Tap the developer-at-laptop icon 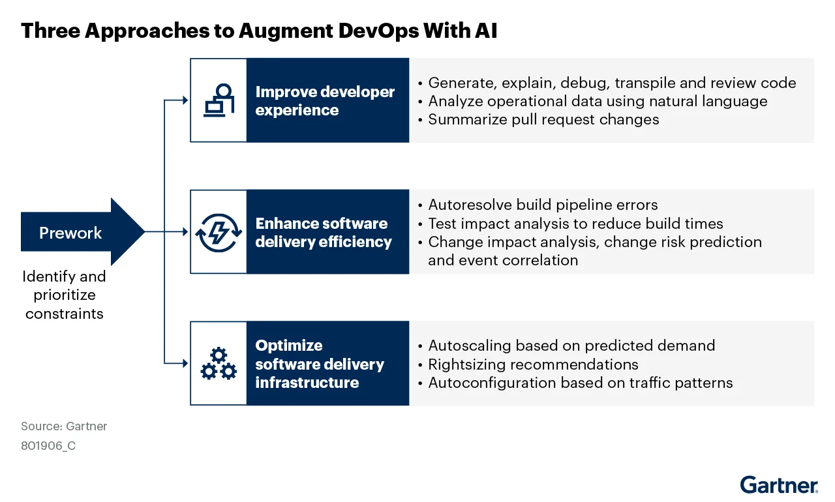219,100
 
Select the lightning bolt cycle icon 219,233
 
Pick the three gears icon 219,363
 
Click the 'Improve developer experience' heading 325,101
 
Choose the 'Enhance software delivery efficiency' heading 324,233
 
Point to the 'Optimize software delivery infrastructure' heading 320,364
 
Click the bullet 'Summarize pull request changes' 543,119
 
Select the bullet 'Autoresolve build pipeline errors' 543,205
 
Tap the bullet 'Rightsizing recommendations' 533,364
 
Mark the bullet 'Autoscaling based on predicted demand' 571,346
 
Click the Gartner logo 778,484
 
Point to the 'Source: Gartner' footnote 64,426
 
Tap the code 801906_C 48,447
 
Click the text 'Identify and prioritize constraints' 64,295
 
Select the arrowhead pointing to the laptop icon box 185,100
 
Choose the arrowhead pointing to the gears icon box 185,363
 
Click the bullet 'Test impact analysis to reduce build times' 575,224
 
